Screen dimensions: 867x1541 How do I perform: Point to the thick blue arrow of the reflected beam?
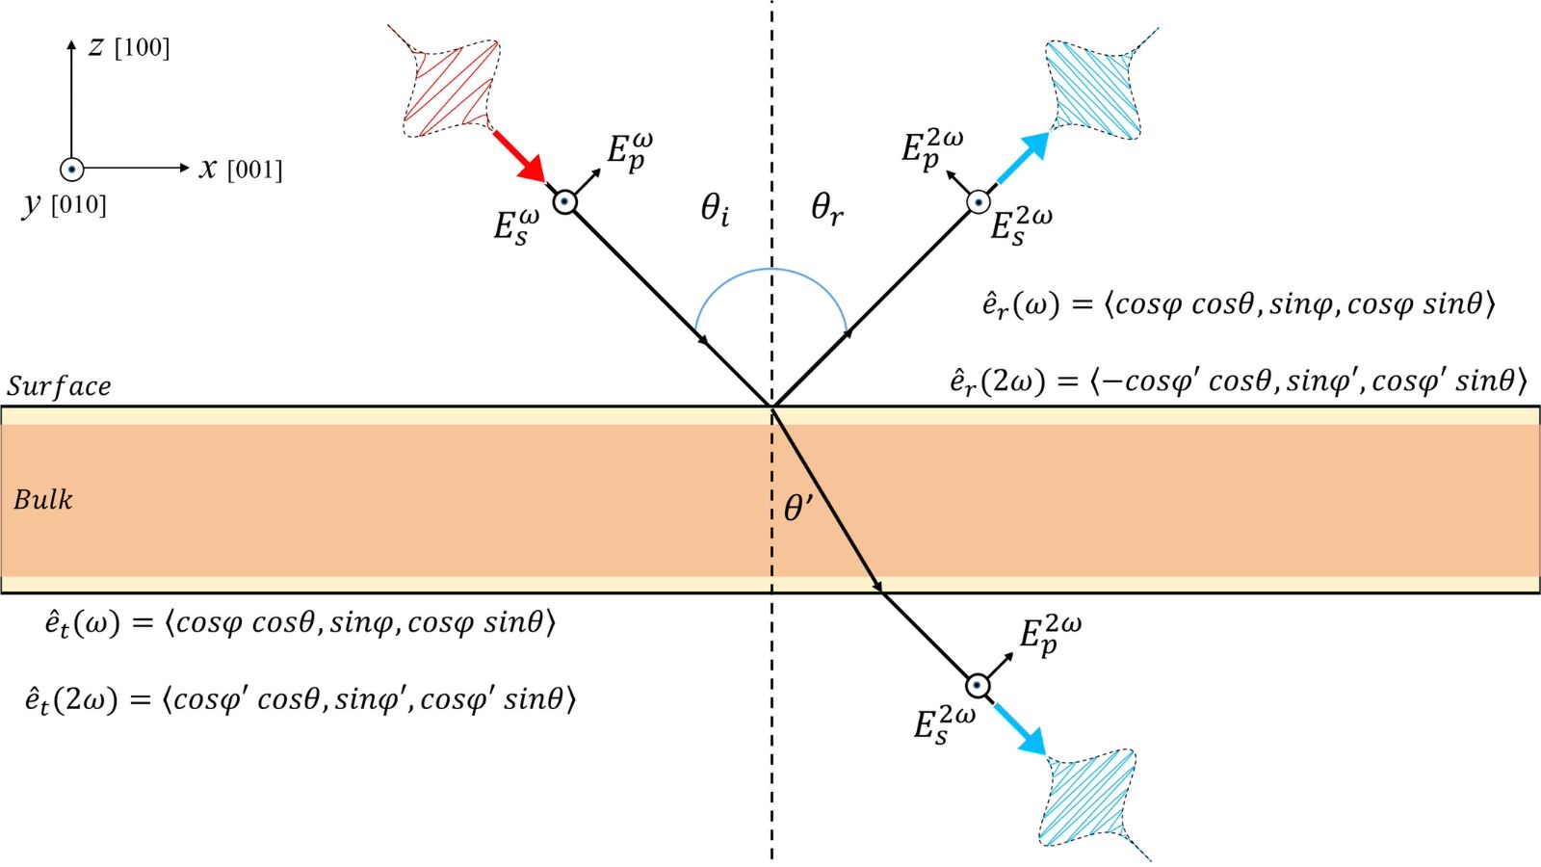(x=1021, y=158)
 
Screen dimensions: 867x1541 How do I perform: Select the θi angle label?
(x=715, y=208)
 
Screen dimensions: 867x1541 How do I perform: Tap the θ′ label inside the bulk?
(x=798, y=508)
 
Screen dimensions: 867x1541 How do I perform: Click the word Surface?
(x=59, y=386)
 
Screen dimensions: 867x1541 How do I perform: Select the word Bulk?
(x=43, y=499)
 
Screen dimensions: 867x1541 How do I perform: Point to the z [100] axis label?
(x=129, y=47)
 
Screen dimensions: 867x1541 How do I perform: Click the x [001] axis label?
(x=241, y=170)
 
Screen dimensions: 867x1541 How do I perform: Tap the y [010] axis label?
(x=65, y=204)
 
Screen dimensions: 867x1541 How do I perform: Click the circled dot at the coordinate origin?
(x=71, y=169)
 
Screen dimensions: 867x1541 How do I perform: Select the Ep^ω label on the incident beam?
(x=629, y=151)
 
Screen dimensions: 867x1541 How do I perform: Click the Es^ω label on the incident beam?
(x=516, y=227)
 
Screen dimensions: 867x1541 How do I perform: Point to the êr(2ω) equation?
(x=1238, y=381)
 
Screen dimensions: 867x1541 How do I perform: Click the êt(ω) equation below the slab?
(x=300, y=622)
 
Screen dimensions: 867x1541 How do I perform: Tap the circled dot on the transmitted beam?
(x=978, y=685)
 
